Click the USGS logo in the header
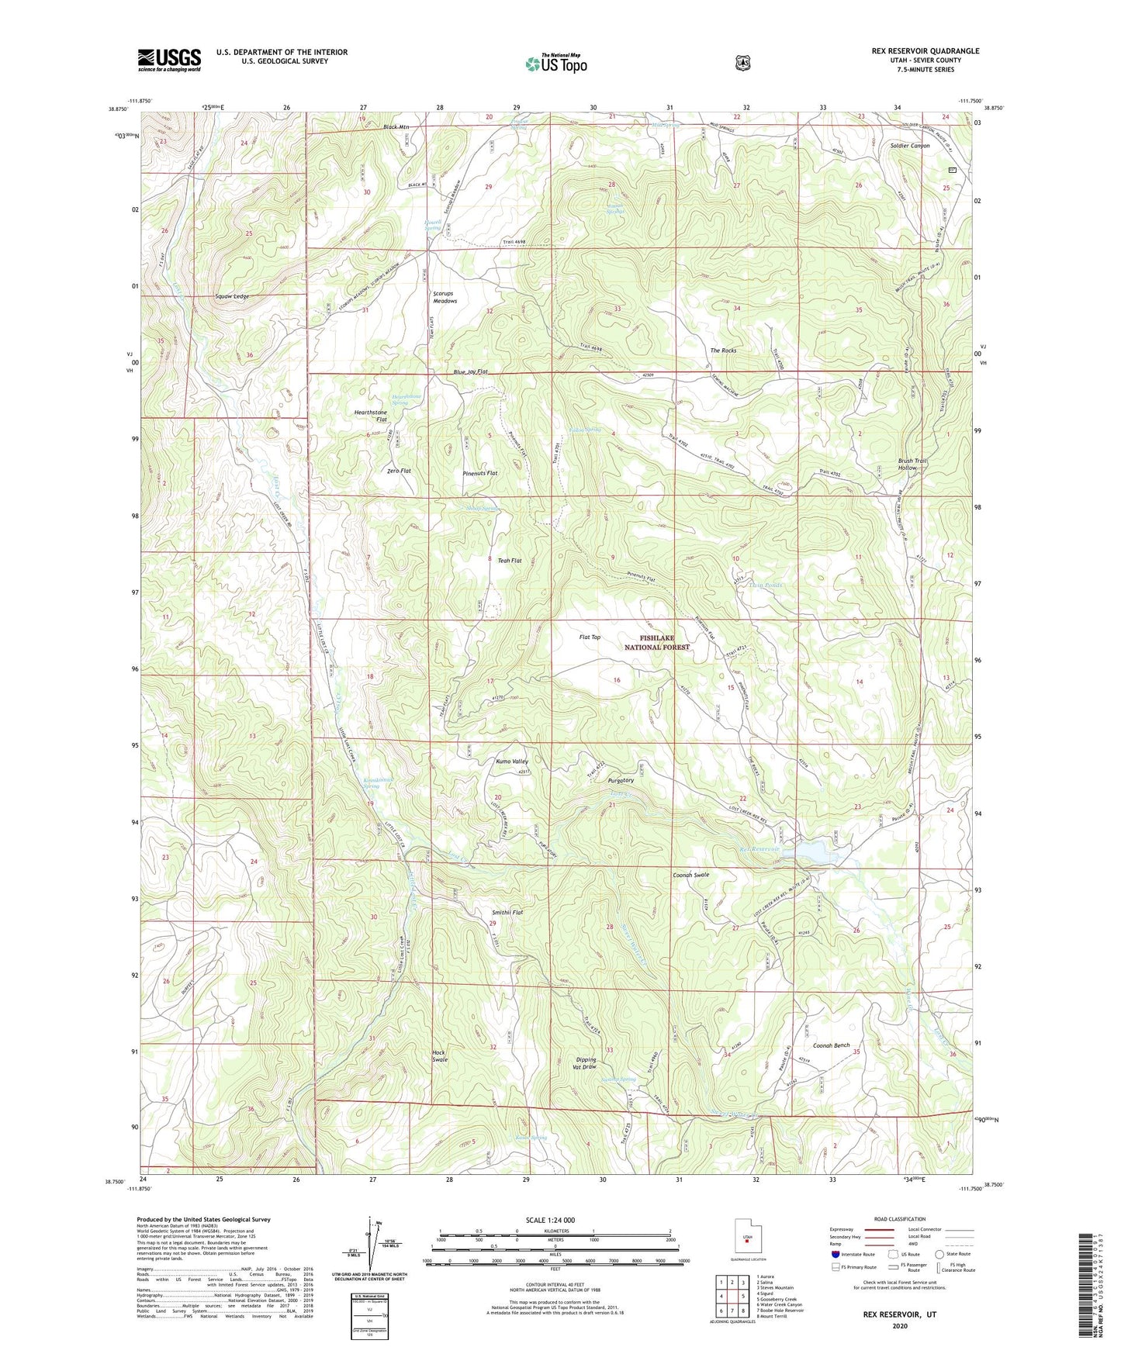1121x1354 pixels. point(169,59)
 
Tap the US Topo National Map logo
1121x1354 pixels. point(555,63)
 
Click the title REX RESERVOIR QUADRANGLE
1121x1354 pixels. point(925,51)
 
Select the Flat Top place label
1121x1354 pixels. point(590,637)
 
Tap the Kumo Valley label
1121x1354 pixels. point(512,762)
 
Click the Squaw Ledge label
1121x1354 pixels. point(232,296)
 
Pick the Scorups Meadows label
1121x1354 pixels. point(445,297)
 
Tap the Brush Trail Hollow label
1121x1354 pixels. point(912,465)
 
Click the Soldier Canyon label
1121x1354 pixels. point(909,146)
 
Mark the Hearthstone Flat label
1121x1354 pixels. point(370,415)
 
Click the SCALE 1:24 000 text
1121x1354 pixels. point(551,1220)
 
